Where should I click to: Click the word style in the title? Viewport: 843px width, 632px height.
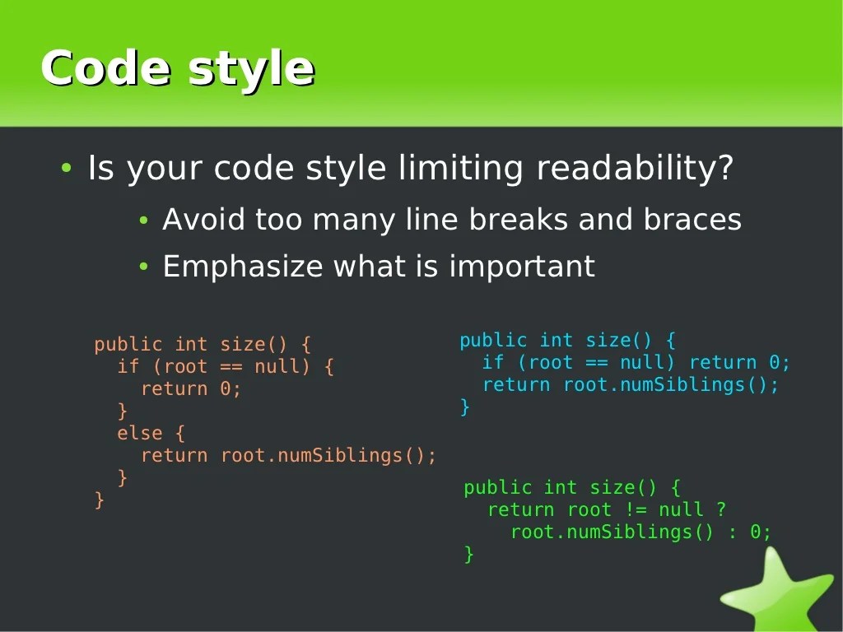[251, 69]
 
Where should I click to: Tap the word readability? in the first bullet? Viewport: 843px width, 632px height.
[634, 169]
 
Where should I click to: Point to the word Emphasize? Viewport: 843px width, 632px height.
[243, 267]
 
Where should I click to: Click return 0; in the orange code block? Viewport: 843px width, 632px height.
[191, 388]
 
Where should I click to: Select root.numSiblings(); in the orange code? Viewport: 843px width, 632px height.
[328, 455]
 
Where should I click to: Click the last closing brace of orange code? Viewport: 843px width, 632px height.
[100, 500]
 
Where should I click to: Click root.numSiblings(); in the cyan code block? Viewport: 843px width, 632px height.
[670, 385]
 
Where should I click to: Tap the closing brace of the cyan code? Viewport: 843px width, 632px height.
[464, 407]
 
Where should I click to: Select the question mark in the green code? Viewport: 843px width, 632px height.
[721, 510]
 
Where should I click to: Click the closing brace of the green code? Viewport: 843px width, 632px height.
[468, 554]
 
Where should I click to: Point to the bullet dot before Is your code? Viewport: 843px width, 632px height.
[67, 169]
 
